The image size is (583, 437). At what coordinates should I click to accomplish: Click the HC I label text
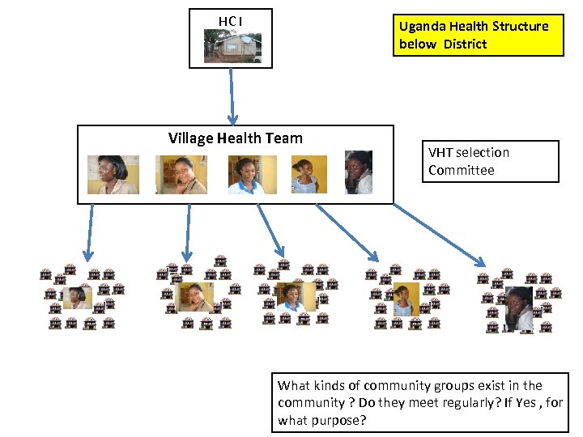tap(230, 20)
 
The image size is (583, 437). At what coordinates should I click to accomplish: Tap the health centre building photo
tap(232, 47)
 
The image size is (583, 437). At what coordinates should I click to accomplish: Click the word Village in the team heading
tap(190, 138)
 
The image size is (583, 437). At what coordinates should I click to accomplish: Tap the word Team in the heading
tap(284, 138)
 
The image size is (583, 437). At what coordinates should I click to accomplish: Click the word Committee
tap(461, 170)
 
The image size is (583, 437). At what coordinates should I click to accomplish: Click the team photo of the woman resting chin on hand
tap(181, 175)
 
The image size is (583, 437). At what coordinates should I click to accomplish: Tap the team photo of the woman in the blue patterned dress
tap(309, 175)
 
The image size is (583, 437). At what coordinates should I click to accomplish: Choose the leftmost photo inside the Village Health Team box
tap(113, 175)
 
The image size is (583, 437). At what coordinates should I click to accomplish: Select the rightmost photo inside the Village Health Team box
tap(358, 172)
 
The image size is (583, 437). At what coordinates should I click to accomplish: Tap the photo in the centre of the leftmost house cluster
tap(78, 299)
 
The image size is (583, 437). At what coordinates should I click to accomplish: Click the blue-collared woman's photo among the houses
tap(290, 298)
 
